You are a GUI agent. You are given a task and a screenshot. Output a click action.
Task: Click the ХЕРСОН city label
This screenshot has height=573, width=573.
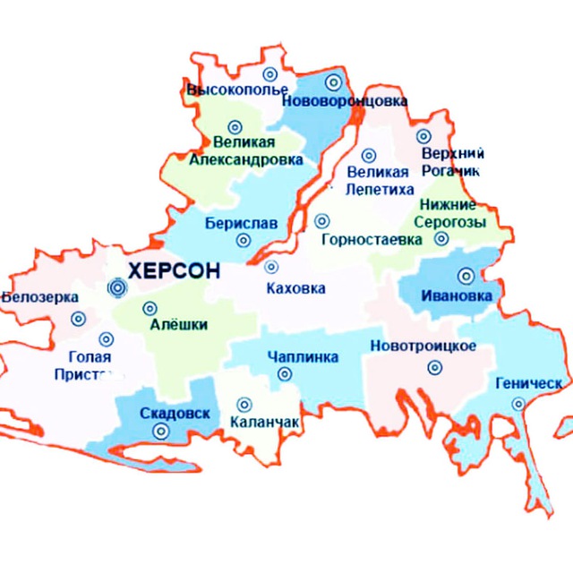click(173, 271)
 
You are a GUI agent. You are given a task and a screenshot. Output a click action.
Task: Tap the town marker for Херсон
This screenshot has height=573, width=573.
click(116, 287)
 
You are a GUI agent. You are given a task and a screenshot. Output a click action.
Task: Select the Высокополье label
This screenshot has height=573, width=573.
click(237, 90)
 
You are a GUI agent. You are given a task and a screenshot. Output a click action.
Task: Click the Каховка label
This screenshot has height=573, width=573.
click(296, 288)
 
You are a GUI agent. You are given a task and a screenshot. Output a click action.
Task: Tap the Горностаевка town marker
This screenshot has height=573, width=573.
click(321, 220)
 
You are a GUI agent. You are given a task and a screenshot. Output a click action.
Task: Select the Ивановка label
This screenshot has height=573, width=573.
click(457, 295)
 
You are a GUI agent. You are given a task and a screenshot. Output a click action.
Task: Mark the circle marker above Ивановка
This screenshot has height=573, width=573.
click(466, 276)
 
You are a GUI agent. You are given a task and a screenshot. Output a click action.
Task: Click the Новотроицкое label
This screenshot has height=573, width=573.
click(423, 346)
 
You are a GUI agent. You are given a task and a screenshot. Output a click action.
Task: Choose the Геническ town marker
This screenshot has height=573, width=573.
click(517, 404)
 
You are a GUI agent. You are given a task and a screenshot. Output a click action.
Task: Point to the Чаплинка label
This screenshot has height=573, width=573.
click(303, 358)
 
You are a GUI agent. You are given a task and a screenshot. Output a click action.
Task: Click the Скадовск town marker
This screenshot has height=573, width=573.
click(160, 431)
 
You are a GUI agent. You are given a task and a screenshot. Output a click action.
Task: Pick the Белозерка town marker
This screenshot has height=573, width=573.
click(78, 318)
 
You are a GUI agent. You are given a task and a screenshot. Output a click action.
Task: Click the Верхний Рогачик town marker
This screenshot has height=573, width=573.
click(423, 138)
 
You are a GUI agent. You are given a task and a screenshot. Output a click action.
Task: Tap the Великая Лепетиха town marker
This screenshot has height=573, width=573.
click(369, 155)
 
